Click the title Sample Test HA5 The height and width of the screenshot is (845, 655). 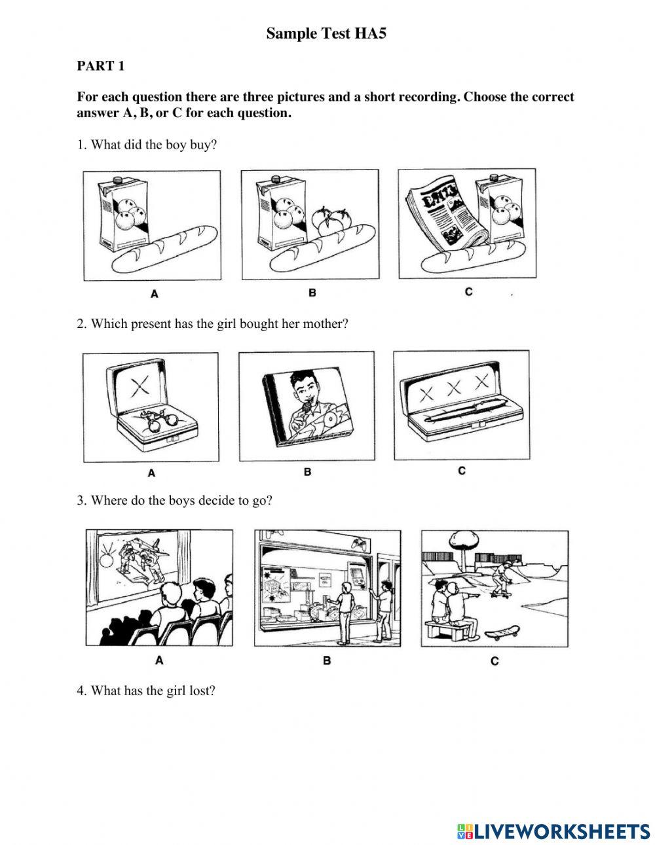[326, 34]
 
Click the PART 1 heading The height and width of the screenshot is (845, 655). [100, 65]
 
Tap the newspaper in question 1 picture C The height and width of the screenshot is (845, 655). [440, 216]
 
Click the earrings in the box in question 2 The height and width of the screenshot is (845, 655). [156, 418]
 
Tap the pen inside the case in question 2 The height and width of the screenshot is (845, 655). [461, 413]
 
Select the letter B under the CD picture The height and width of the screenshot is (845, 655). [307, 471]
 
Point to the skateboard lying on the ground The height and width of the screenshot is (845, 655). [502, 632]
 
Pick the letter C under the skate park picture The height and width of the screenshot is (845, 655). [495, 661]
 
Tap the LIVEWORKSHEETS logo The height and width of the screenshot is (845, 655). [553, 831]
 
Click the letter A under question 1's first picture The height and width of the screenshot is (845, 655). [155, 294]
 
